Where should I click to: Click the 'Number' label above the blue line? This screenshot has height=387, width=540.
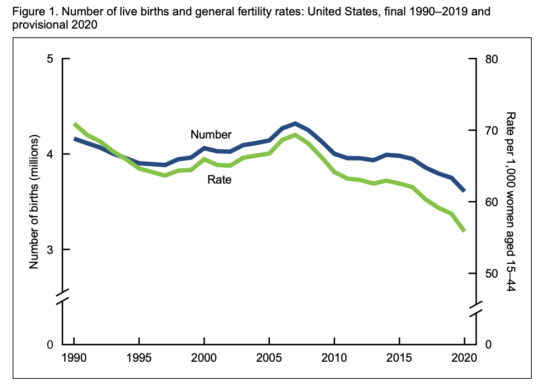(211, 134)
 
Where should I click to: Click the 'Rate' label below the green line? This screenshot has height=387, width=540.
(219, 179)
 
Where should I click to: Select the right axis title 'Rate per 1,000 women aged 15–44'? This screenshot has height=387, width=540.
(510, 201)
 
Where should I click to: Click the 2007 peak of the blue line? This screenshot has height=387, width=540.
(295, 123)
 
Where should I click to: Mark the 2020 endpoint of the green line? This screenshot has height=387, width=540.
(464, 230)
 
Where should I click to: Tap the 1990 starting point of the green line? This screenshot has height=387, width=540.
(74, 124)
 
